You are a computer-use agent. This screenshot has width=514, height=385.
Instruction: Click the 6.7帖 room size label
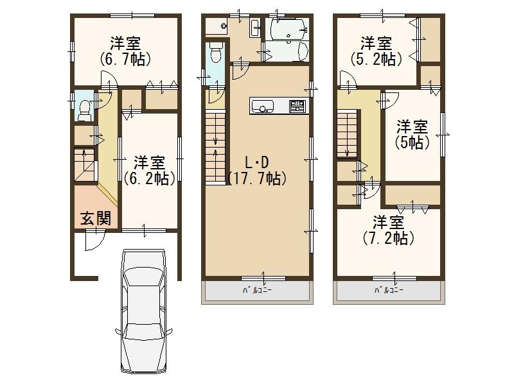(x=125, y=60)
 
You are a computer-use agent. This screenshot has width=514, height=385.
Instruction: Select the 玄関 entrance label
(x=95, y=218)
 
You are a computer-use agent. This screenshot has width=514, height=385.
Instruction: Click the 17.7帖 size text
(x=256, y=178)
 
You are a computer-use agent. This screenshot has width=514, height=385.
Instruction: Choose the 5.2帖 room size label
(x=377, y=60)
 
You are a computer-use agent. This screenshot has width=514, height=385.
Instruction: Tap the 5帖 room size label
(x=412, y=142)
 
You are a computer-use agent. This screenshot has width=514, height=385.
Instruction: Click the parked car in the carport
(x=145, y=312)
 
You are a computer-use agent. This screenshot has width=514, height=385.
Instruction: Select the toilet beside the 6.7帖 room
(x=84, y=108)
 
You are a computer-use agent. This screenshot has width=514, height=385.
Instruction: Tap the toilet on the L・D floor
(x=215, y=53)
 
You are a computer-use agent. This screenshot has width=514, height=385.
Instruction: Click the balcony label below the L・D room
(x=257, y=291)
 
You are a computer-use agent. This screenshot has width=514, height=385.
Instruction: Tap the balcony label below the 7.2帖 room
(x=389, y=291)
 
